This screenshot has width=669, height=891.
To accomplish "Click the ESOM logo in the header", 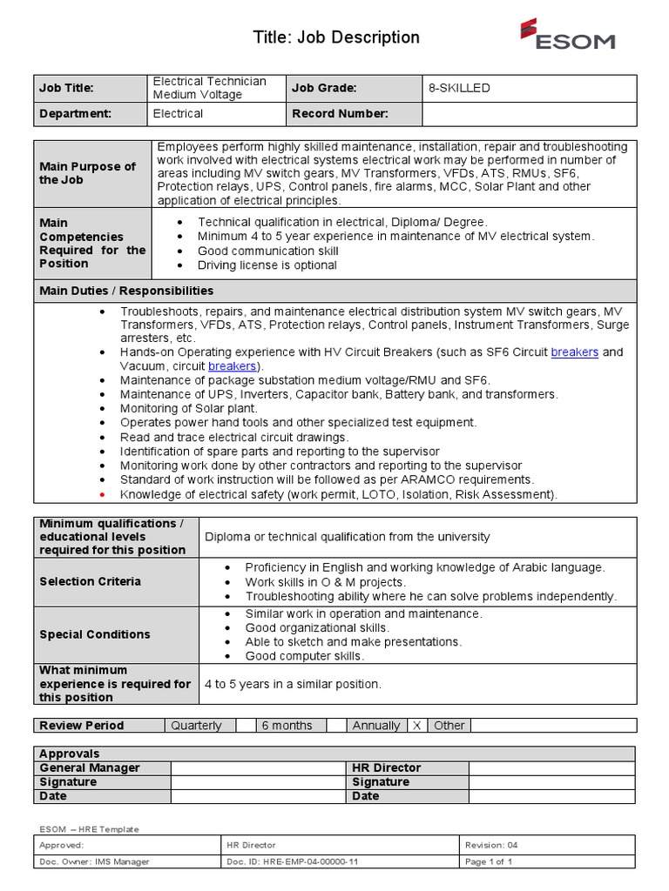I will [x=567, y=36].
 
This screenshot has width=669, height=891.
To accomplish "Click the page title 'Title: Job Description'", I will [x=336, y=37].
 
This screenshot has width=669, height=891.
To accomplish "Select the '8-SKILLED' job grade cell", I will [x=459, y=88].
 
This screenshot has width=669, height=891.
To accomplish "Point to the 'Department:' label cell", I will [x=76, y=113].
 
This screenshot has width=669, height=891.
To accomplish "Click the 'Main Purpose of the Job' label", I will [x=88, y=173].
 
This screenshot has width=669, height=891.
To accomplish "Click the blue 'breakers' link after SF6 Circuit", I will [x=575, y=352].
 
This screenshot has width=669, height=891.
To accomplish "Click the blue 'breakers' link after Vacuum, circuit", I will [x=233, y=366].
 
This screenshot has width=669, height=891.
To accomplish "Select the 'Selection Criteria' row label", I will [x=90, y=581].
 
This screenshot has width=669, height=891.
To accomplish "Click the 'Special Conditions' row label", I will [x=95, y=634].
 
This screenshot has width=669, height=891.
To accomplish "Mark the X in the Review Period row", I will [x=416, y=726].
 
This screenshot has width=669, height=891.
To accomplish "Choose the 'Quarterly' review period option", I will [x=196, y=726].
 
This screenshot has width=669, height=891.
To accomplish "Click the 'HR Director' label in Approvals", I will [x=386, y=767].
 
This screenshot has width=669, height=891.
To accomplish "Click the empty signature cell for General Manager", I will [x=259, y=781].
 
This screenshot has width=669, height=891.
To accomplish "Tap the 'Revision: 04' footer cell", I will [x=492, y=845].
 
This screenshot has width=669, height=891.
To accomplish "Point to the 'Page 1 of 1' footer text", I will [x=489, y=861].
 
